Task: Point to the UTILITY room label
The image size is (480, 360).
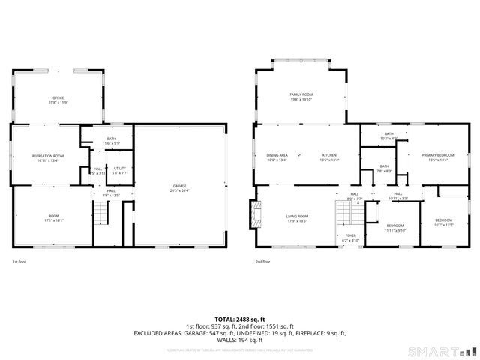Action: coord(120,169)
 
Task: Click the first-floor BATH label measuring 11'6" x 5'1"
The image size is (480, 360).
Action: coord(111,140)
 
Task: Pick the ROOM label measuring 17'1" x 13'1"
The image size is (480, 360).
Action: coord(51,217)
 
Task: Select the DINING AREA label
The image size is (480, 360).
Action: coord(277,157)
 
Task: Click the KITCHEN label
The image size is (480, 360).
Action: coord(329,157)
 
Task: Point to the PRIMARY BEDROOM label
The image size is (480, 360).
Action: coord(437,157)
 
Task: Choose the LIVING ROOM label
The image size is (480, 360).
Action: coord(297,218)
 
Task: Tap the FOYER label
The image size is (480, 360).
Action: coord(351,237)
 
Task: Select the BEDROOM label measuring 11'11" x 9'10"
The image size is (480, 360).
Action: coord(395,227)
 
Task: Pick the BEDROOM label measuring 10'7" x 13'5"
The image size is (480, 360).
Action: coord(444,222)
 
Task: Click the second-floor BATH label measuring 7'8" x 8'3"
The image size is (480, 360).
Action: coord(384,168)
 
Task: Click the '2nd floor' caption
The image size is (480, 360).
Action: coord(262,262)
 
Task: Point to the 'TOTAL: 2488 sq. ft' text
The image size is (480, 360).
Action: coord(240,319)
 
